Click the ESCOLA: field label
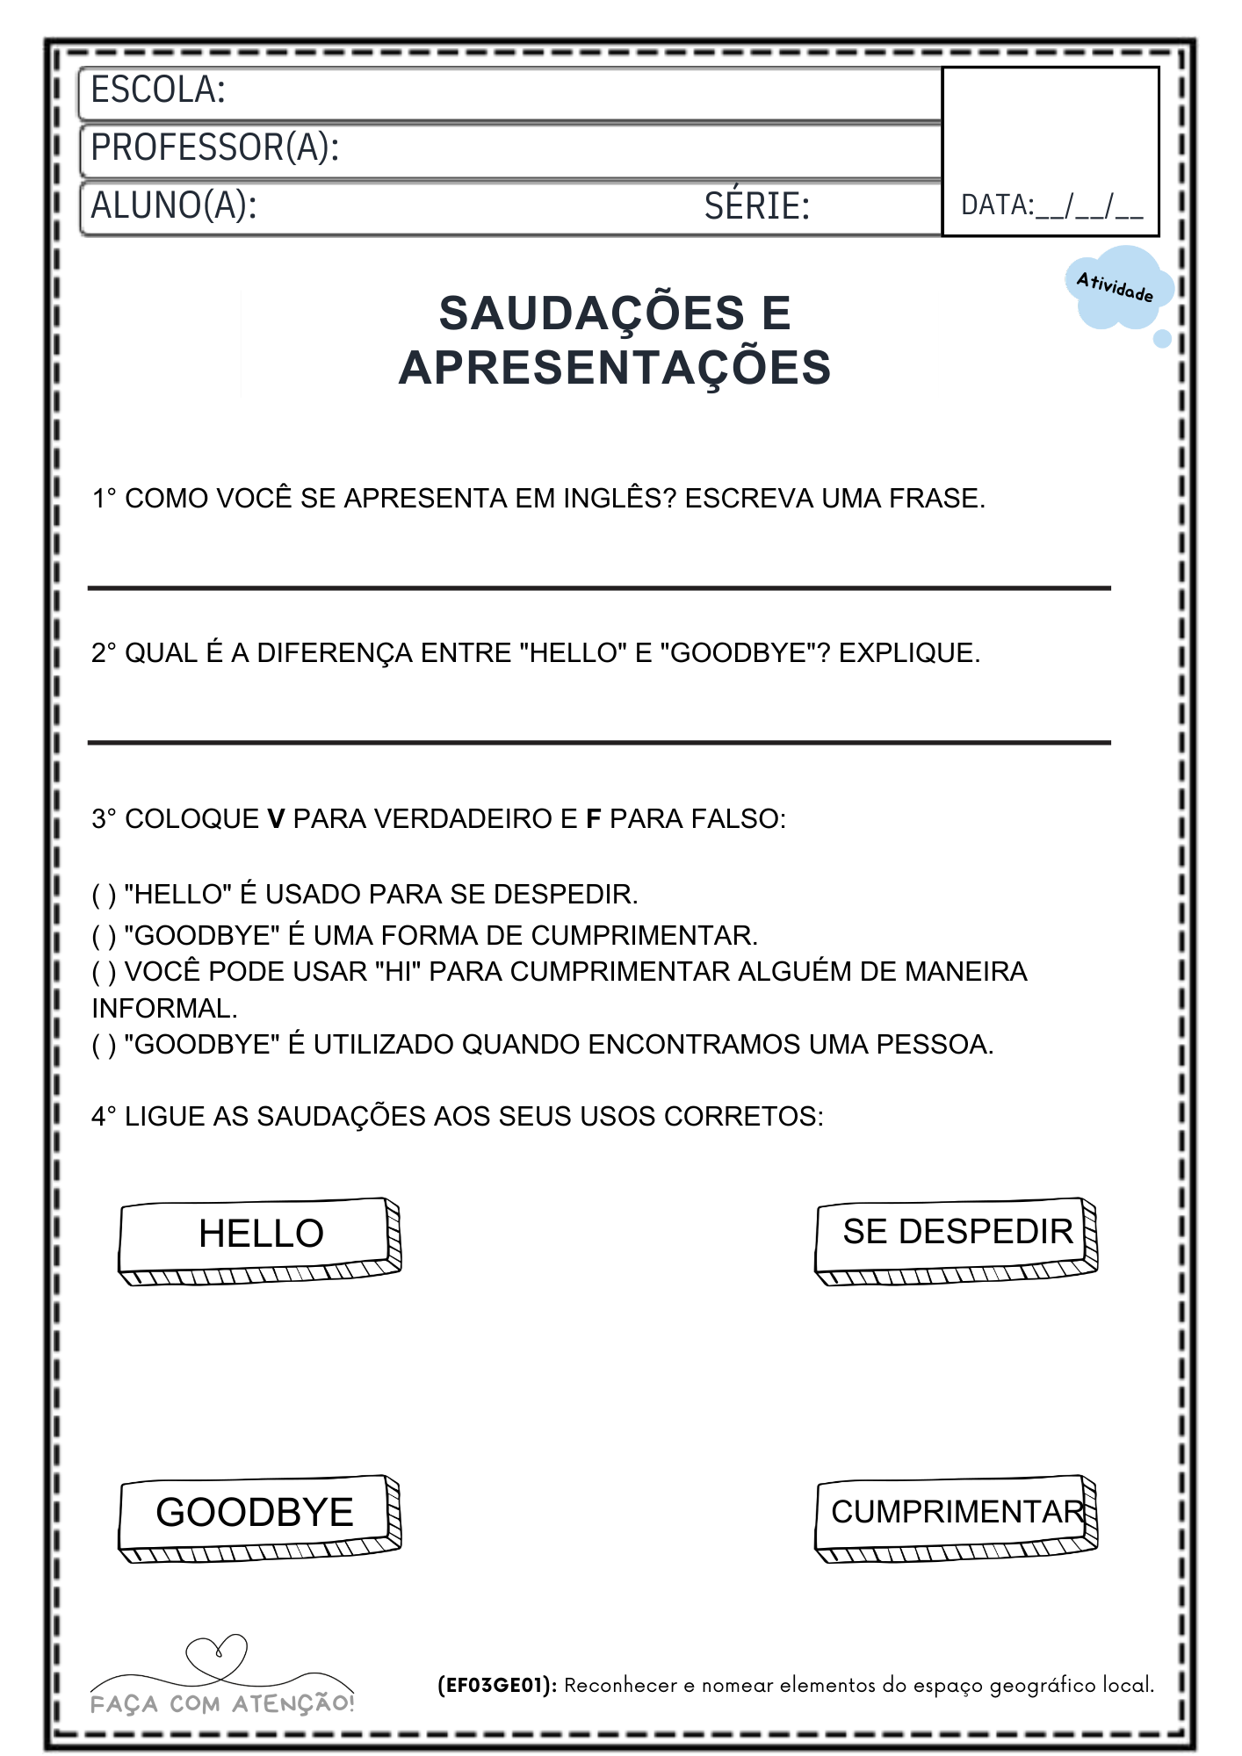(x=158, y=90)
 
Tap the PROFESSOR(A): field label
(x=215, y=148)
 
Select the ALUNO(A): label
(x=174, y=205)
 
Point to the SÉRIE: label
(x=756, y=206)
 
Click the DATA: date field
(x=1052, y=206)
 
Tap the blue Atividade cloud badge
(x=1116, y=288)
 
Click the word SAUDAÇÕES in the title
(x=591, y=313)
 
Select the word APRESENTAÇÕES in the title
(x=615, y=368)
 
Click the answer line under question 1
(x=599, y=587)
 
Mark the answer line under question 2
(x=599, y=742)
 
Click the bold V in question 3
(x=276, y=819)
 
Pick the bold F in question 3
(x=594, y=819)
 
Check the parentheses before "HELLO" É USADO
(x=104, y=895)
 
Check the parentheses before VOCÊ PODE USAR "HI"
(x=104, y=972)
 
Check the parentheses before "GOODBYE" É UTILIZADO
(x=104, y=1045)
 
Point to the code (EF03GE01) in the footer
(x=496, y=1686)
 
